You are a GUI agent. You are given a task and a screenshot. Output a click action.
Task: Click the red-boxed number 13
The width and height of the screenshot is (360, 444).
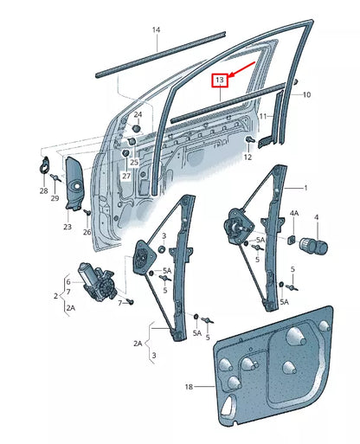pyautogui.click(x=220, y=81)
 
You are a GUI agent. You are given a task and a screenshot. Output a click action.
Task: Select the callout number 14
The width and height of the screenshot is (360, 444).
pyautogui.click(x=157, y=30)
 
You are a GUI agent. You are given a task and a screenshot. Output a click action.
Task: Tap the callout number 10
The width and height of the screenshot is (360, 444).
pyautogui.click(x=305, y=93)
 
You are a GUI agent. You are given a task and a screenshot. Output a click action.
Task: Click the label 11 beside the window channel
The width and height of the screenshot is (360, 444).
pyautogui.click(x=262, y=115)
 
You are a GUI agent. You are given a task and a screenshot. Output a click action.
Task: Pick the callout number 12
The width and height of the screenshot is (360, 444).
pyautogui.click(x=247, y=157)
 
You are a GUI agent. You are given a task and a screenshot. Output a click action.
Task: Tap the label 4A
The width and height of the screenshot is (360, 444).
pyautogui.click(x=294, y=213)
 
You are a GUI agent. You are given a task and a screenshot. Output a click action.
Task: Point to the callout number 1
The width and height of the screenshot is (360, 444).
pyautogui.click(x=304, y=188)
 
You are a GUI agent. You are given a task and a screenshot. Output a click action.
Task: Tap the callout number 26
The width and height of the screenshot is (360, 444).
pyautogui.click(x=87, y=233)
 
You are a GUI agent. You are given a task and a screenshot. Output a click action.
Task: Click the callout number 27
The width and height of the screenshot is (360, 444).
pyautogui.click(x=126, y=177)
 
